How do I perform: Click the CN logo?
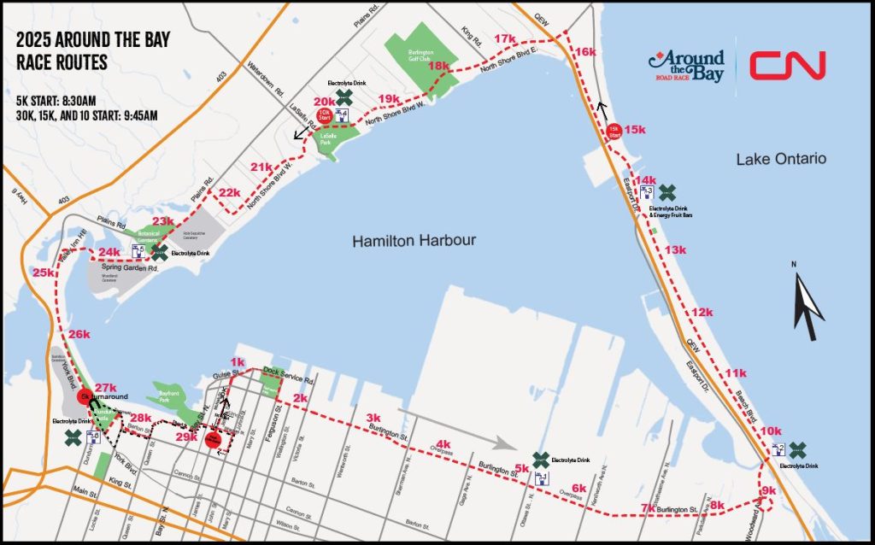pyautogui.click(x=787, y=65)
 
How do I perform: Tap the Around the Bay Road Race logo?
pyautogui.click(x=686, y=65)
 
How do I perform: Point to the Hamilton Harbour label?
pyautogui.click(x=414, y=242)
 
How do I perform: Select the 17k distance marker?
pyautogui.click(x=505, y=39)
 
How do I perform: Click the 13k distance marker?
pyautogui.click(x=675, y=249)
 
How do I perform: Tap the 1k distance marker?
pyautogui.click(x=238, y=362)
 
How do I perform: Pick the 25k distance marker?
pyautogui.click(x=44, y=272)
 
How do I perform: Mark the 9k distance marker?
pyautogui.click(x=768, y=490)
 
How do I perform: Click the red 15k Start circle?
pyautogui.click(x=614, y=131)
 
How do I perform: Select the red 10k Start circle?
pyautogui.click(x=324, y=114)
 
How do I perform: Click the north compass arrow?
pyautogui.click(x=807, y=307)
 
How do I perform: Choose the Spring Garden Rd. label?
pyautogui.click(x=131, y=268)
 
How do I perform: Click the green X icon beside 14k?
pyautogui.click(x=667, y=190)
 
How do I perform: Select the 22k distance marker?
pyautogui.click(x=229, y=193)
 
